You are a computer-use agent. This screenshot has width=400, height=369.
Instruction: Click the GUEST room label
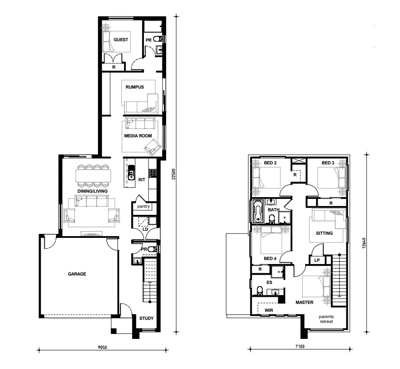tap(121, 40)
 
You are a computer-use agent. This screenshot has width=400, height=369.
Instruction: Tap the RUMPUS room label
tap(135, 87)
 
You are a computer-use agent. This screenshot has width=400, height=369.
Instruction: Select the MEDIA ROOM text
tap(139, 136)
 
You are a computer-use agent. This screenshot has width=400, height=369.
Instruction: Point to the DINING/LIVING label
tap(93, 191)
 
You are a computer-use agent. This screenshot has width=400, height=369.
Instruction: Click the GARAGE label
tap(77, 274)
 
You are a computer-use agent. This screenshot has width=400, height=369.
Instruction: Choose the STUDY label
tap(146, 319)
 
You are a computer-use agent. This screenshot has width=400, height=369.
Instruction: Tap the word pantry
tap(144, 206)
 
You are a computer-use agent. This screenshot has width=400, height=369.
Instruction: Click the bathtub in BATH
tap(258, 212)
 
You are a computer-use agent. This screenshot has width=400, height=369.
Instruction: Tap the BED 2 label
tap(270, 163)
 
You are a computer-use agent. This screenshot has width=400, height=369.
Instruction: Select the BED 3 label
tap(328, 163)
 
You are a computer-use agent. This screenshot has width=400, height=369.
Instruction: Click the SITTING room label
tap(324, 233)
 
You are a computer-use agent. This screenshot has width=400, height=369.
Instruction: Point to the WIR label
tap(268, 310)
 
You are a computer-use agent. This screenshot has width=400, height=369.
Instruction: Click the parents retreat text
tap(326, 319)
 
